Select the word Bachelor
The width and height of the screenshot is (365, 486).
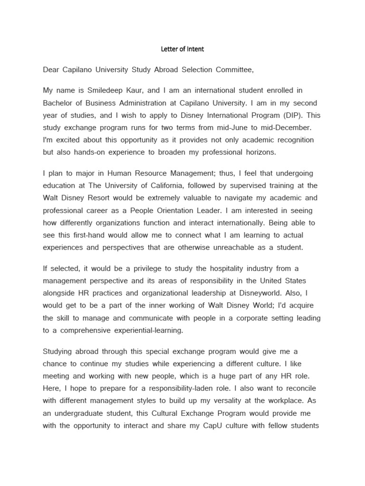click(58, 103)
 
